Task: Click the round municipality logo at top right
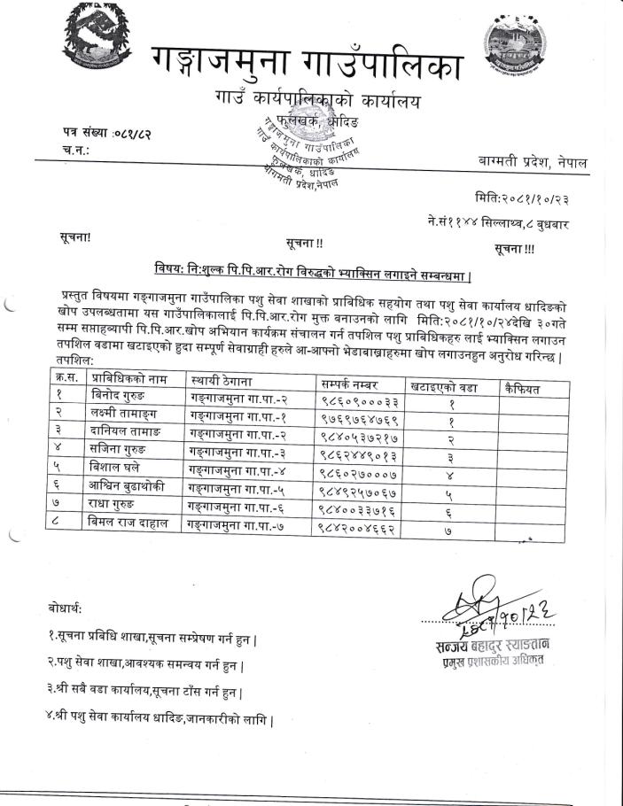point(518,49)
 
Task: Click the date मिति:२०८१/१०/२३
point(521,199)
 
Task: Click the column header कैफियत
point(521,387)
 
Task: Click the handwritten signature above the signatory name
point(492,605)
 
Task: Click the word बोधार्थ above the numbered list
point(65,608)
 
